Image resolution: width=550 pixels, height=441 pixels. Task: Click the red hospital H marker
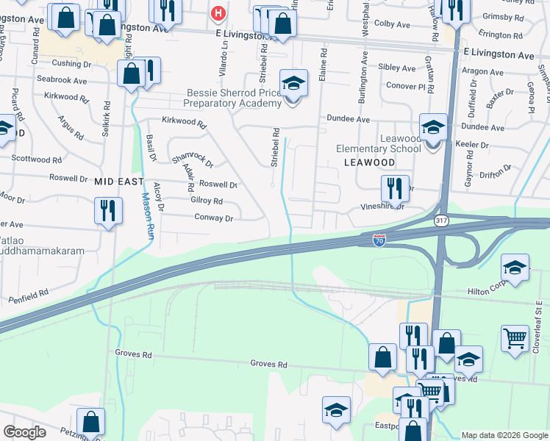(218, 13)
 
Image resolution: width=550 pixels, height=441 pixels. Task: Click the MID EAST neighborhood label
(118, 180)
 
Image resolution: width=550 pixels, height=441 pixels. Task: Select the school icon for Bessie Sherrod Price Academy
(293, 83)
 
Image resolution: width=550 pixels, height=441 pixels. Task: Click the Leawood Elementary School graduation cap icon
(433, 127)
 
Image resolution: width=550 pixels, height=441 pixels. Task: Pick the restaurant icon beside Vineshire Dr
(395, 189)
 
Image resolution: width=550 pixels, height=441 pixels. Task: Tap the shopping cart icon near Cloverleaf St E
(515, 339)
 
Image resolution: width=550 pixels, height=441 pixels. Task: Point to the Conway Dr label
(213, 218)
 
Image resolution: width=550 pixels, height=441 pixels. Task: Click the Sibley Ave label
(397, 68)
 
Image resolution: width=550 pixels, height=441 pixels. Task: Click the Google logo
(24, 432)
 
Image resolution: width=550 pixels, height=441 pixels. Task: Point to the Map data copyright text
(504, 435)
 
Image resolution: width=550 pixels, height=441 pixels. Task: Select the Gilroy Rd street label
(206, 201)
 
